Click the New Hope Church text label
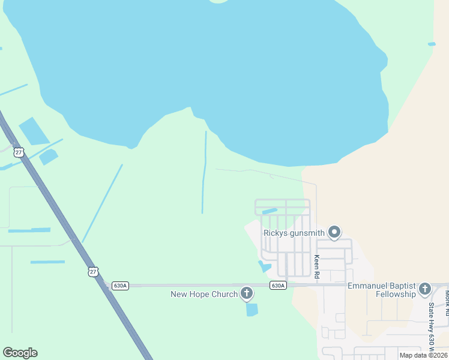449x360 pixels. click(x=204, y=294)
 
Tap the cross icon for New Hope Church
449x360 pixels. click(x=246, y=293)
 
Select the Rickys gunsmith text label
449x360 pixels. click(x=294, y=233)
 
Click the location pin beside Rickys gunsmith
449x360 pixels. click(x=335, y=232)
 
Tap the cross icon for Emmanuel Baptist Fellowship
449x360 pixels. click(x=425, y=289)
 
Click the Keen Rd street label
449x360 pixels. click(x=316, y=266)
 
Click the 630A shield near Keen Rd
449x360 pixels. click(x=278, y=286)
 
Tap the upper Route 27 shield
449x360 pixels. click(x=20, y=152)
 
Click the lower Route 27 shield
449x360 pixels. click(x=92, y=271)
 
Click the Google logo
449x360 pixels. click(x=20, y=353)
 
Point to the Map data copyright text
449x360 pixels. click(x=423, y=355)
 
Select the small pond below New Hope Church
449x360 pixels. click(x=252, y=310)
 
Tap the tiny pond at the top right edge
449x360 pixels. click(x=432, y=44)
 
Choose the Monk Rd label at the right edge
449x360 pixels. click(x=447, y=299)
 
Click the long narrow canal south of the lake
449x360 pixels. click(x=204, y=174)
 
